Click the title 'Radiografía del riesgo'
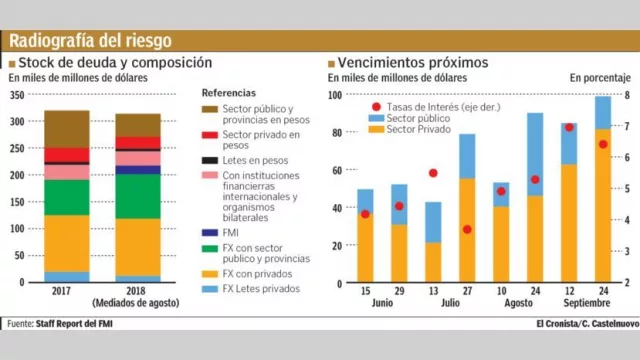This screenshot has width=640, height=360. [90, 41]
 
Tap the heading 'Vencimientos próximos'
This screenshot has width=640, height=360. [413, 62]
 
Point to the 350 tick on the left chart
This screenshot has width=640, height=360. [17, 95]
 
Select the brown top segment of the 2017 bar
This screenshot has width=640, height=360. [66, 128]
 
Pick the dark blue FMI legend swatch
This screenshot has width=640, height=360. [209, 233]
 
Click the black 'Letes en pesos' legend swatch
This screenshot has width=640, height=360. [209, 161]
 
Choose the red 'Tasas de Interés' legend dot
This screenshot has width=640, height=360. [375, 107]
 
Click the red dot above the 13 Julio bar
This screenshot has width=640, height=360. [433, 173]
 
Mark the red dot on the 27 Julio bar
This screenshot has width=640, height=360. [467, 229]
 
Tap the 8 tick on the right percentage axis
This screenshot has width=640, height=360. [626, 95]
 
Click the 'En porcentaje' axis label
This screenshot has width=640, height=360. [600, 77]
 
